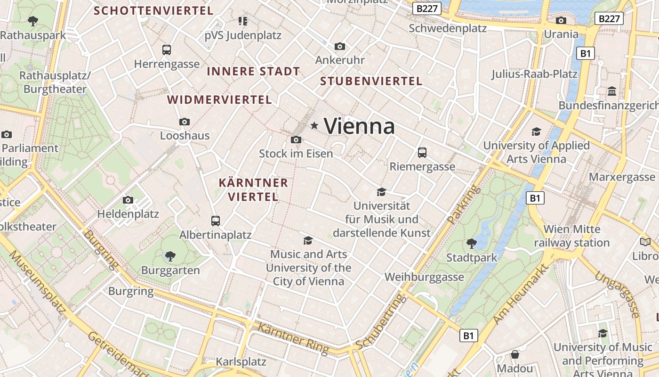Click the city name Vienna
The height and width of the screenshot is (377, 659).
coord(359,126)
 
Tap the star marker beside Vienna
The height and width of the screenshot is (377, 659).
coord(314,125)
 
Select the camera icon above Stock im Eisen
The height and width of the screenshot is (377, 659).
coord(296,139)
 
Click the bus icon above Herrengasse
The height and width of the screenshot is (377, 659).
coord(166,49)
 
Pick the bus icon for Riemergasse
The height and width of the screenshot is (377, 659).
coord(422,152)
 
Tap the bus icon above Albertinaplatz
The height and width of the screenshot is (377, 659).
coord(216,221)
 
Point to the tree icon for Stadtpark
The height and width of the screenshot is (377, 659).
coord(471,243)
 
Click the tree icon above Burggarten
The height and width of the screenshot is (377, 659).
coord(170,256)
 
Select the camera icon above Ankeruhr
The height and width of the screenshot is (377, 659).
coord(340,46)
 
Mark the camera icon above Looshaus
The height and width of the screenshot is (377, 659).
coord(185,122)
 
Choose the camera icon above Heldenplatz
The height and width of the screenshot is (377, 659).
coord(128,200)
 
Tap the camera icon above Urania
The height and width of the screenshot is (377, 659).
coord(561,20)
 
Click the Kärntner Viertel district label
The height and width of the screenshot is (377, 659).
coord(253,189)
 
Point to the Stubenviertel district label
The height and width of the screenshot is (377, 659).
coord(371,81)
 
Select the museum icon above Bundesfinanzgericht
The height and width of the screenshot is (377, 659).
coord(612,91)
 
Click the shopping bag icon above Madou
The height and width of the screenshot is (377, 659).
coord(515,354)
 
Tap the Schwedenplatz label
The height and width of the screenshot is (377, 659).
coord(447,28)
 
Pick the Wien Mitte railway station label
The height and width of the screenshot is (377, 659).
coord(572,236)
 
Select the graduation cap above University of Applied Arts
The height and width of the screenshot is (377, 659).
coord(536,131)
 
